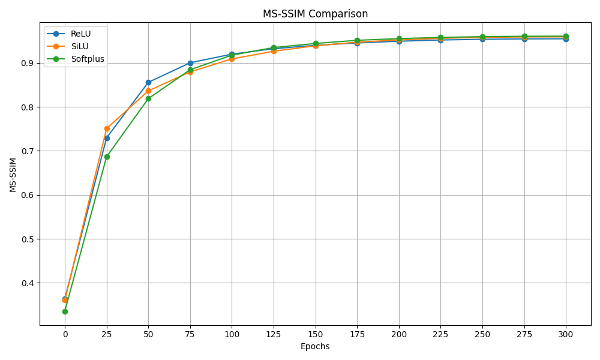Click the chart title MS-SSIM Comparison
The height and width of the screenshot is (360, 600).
(315, 14)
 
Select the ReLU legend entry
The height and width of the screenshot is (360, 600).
(80, 34)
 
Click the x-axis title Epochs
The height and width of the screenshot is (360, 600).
(315, 346)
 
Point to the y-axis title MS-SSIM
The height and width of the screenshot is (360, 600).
(13, 175)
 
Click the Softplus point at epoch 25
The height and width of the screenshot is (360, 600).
(107, 157)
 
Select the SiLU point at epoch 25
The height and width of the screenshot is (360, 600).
(107, 128)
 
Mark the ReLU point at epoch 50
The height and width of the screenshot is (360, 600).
(148, 82)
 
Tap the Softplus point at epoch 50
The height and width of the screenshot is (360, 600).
(148, 98)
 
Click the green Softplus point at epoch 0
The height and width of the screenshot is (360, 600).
(65, 311)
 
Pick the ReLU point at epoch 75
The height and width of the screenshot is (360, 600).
(190, 63)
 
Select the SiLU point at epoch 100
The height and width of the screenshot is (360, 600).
(232, 59)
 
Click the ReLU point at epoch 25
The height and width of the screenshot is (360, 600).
(107, 138)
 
